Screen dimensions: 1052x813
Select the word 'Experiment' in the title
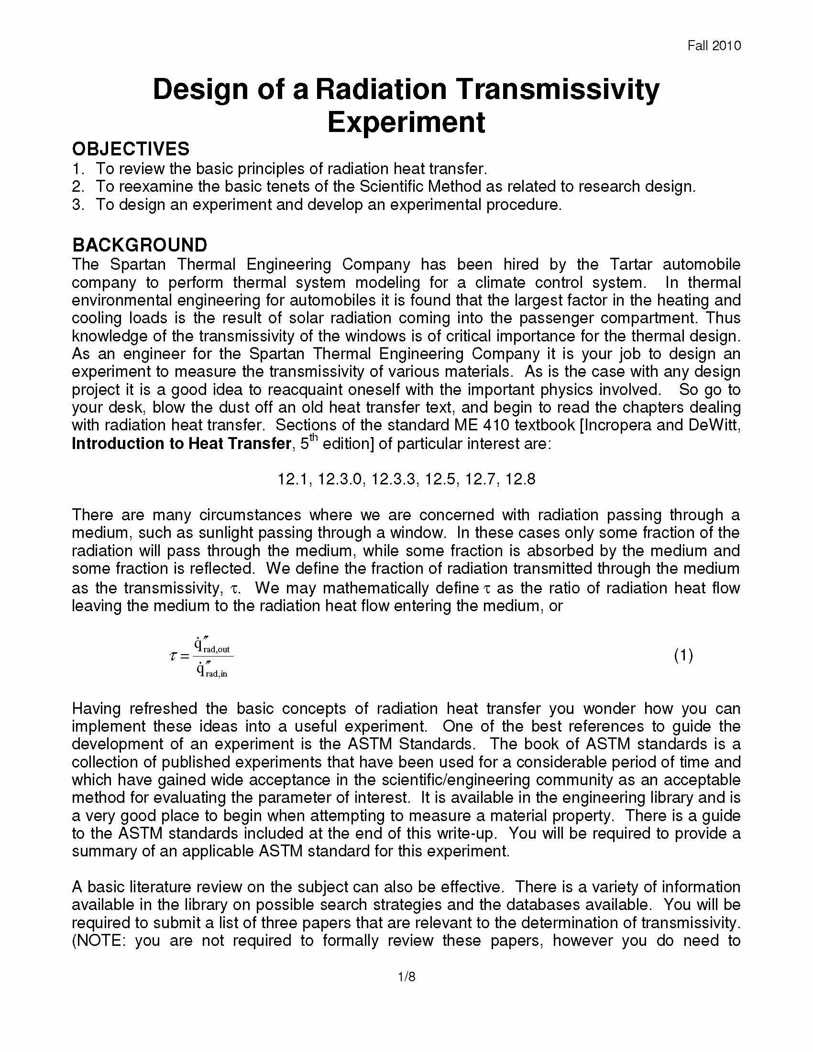pos(406,122)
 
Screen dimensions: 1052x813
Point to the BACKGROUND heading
pos(140,245)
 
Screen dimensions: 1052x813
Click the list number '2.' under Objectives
pos(78,186)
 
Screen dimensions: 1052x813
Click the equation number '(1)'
pos(683,655)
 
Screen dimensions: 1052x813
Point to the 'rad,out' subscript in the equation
pos(216,649)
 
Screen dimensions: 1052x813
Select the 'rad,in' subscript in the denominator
pos(216,674)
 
